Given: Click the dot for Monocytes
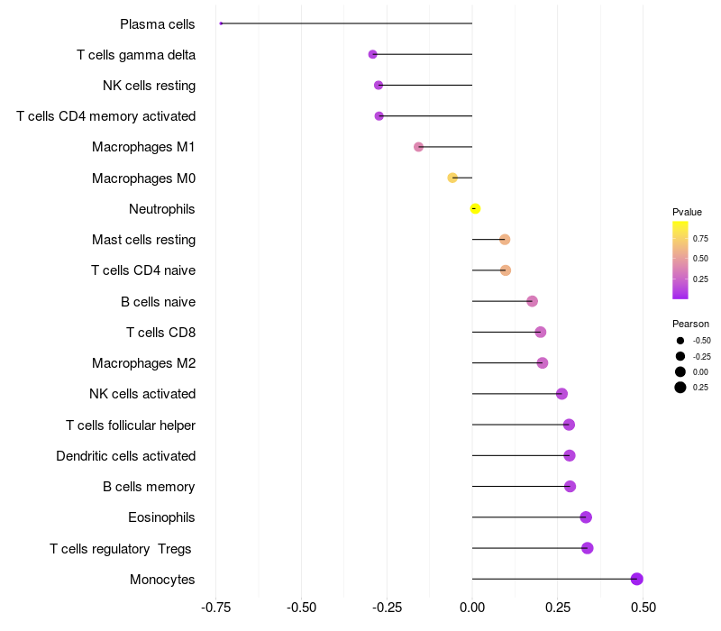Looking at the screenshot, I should [x=637, y=579].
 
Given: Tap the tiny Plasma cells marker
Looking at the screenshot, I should [x=221, y=23].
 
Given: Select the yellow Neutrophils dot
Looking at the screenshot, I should [x=475, y=209].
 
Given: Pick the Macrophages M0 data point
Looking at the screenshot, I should [x=452, y=178].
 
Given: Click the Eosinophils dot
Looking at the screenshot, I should [x=586, y=517].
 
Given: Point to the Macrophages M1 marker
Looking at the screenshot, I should [x=418, y=147].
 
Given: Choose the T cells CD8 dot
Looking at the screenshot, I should [x=541, y=332].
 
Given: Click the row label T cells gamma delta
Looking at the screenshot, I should [x=136, y=55].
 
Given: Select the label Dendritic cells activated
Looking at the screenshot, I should [x=125, y=456].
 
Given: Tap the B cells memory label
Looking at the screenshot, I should [x=149, y=487].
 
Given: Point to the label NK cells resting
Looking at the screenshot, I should [x=149, y=86].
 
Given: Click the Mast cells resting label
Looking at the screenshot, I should [x=143, y=240].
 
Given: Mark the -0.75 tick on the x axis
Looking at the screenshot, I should [x=215, y=607].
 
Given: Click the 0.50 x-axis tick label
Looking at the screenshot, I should [x=643, y=607].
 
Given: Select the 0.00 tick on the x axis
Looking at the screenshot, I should [x=472, y=607].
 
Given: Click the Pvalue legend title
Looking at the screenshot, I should [x=687, y=212].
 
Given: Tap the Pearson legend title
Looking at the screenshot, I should [x=690, y=324].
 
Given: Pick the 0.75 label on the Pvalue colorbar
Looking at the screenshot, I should [x=700, y=238].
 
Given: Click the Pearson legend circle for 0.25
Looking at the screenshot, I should [x=680, y=388].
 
